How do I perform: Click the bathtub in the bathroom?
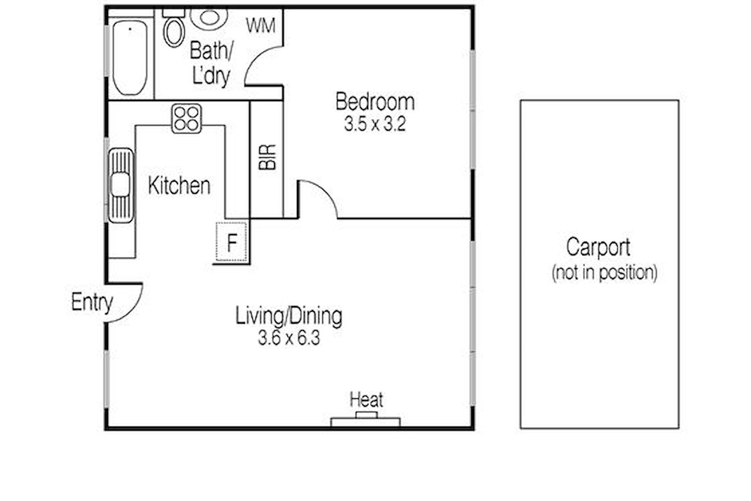(x=130, y=58)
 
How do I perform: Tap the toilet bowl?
(x=174, y=32)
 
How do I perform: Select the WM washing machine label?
(x=261, y=25)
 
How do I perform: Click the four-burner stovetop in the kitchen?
(x=187, y=119)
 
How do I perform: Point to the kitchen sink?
(x=121, y=186)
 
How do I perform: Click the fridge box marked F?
(x=232, y=241)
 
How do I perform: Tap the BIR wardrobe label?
(x=268, y=157)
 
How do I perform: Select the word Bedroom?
(x=375, y=102)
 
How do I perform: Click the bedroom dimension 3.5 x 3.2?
(x=375, y=124)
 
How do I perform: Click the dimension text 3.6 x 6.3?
(x=289, y=338)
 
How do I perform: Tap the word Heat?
(x=366, y=400)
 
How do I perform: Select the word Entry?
(x=92, y=303)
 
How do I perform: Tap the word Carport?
(x=598, y=248)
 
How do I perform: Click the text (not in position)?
(x=604, y=273)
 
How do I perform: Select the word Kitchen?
(x=179, y=186)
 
